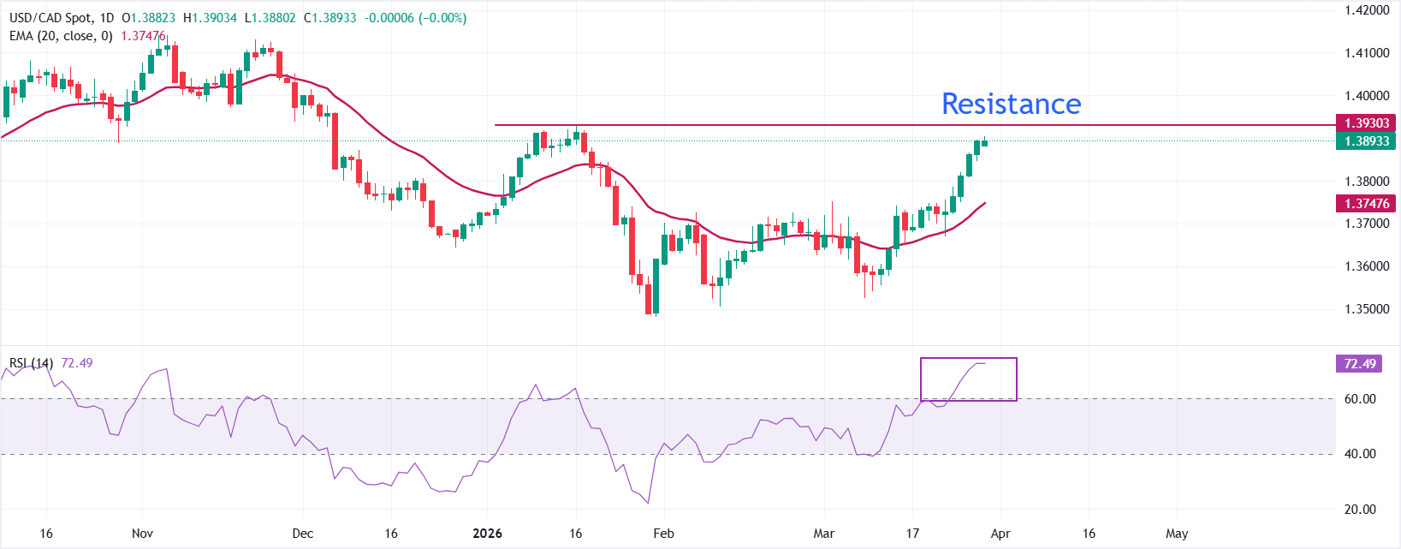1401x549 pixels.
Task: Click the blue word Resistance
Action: (x=1011, y=104)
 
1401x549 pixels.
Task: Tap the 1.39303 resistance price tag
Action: (x=1367, y=123)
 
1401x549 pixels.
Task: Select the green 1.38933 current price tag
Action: (x=1367, y=140)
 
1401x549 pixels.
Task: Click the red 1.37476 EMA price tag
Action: (x=1367, y=203)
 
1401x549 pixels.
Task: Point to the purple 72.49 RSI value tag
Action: (x=1359, y=364)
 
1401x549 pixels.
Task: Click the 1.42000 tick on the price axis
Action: (x=1366, y=10)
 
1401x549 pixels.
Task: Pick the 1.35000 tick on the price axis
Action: (x=1366, y=309)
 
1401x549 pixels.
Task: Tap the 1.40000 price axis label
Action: (x=1366, y=96)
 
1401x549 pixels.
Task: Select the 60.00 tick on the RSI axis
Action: (x=1360, y=399)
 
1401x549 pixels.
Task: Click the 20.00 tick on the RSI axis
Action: (x=1360, y=510)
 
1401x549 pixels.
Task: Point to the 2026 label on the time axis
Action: (x=488, y=534)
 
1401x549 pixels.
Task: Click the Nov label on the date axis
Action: (x=142, y=534)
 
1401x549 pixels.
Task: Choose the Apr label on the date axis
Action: (x=1000, y=534)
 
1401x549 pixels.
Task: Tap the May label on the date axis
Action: (x=1177, y=534)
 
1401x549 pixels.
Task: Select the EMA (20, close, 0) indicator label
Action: (x=61, y=36)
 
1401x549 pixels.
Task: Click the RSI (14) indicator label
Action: (x=31, y=363)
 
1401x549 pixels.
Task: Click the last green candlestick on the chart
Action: (x=984, y=142)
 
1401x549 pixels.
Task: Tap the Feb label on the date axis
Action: (x=663, y=534)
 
